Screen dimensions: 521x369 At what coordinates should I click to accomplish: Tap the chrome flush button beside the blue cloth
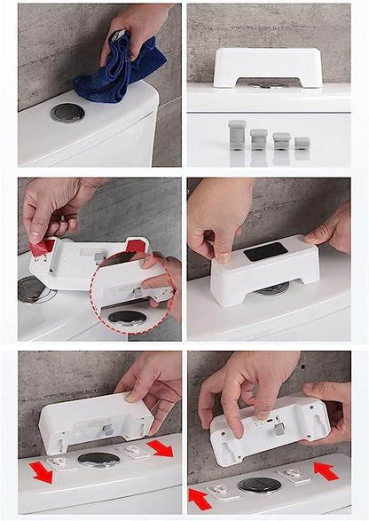tap(67, 113)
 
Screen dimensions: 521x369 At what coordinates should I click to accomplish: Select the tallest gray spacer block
tap(238, 135)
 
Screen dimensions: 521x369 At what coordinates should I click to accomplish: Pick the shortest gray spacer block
tap(302, 142)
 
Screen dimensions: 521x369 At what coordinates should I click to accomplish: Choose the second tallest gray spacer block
tap(259, 138)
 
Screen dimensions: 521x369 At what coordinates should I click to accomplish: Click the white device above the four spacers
tap(267, 67)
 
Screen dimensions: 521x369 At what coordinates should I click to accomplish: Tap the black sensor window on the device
tap(264, 253)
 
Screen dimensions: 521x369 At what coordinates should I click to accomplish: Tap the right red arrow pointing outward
tap(161, 448)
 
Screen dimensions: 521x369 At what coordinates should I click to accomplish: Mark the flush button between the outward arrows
tap(98, 460)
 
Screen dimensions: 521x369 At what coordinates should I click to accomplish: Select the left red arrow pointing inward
tap(200, 497)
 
